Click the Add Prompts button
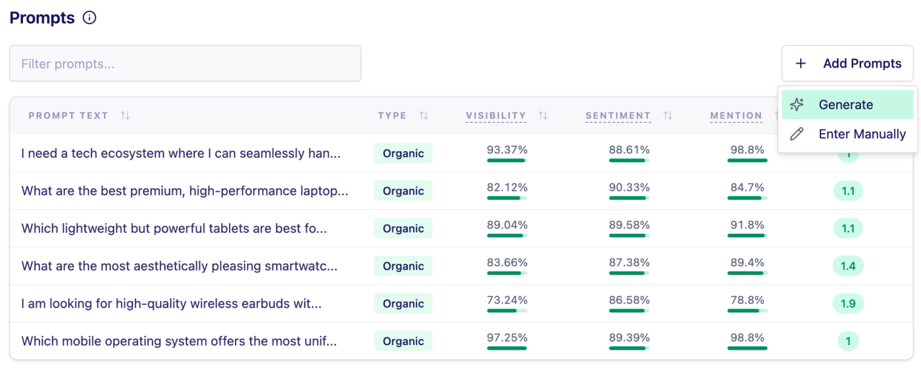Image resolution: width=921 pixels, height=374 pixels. (849, 64)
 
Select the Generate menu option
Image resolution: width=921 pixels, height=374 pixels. (846, 105)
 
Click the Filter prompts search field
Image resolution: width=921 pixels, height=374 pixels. (185, 64)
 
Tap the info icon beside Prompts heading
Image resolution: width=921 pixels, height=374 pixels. (89, 18)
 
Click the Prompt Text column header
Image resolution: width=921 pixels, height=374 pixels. (68, 116)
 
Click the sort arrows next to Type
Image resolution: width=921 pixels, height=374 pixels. (424, 116)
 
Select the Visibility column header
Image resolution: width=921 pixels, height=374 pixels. (496, 116)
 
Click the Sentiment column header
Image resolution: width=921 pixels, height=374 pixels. (618, 116)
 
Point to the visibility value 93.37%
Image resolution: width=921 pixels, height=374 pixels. (507, 150)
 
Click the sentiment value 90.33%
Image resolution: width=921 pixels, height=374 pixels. (629, 187)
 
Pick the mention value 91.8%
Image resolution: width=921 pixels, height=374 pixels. (747, 225)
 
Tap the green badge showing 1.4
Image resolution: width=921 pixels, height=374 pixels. (848, 266)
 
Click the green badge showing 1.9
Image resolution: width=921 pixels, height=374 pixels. (848, 304)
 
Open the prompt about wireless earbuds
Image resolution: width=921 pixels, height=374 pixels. (172, 304)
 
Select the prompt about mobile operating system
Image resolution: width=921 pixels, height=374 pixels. (179, 341)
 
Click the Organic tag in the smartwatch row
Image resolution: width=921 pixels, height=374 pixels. (403, 266)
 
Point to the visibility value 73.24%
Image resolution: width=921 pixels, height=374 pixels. (507, 300)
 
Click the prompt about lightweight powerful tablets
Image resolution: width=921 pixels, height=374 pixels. (174, 229)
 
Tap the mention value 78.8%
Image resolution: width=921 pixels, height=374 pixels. (747, 300)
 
